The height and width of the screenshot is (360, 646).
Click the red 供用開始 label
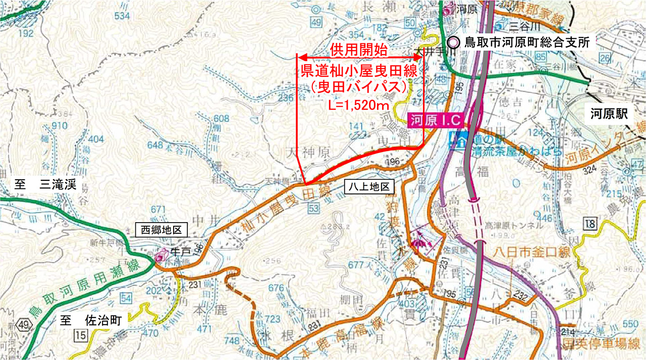click(359, 50)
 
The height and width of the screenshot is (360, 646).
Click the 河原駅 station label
click(609, 115)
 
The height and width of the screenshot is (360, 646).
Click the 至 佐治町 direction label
click(94, 320)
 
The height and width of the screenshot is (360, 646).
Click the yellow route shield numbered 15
click(80, 334)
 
